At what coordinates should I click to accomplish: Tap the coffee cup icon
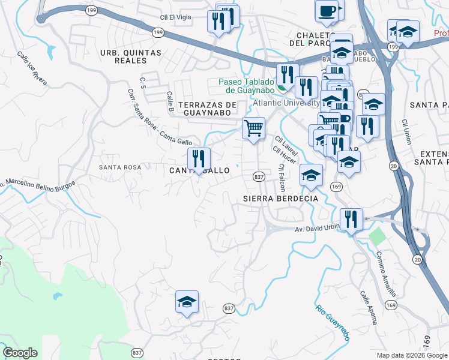click(x=327, y=11)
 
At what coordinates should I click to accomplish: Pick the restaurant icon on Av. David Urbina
click(x=351, y=219)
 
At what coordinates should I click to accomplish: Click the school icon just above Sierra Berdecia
click(x=311, y=175)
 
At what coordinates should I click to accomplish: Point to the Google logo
click(x=20, y=353)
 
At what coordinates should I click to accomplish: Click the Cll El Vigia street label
click(x=175, y=17)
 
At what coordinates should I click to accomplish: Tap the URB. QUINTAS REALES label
click(x=131, y=57)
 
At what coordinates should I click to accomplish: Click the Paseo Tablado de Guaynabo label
click(x=247, y=86)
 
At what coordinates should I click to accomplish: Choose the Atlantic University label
click(x=286, y=103)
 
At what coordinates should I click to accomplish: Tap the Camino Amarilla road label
click(x=386, y=274)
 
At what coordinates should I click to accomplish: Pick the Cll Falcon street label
click(x=280, y=178)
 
